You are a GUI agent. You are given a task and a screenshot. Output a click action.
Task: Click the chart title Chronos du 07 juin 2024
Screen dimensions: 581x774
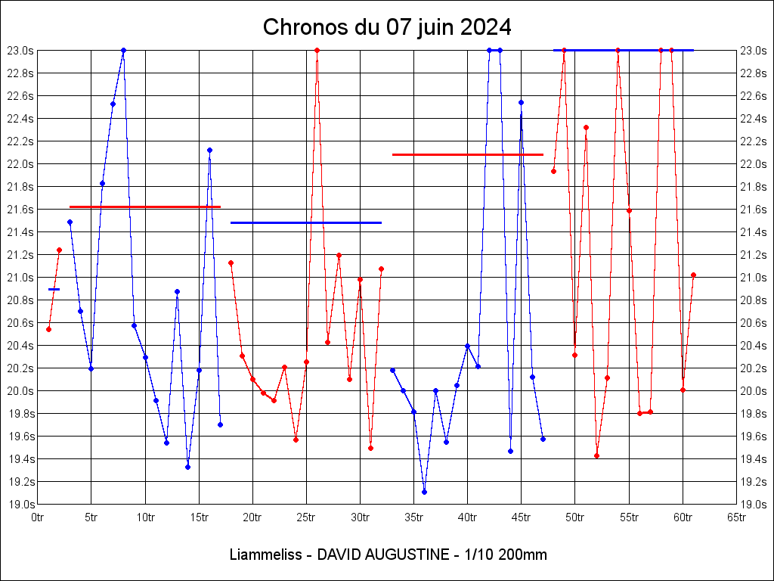click(x=387, y=28)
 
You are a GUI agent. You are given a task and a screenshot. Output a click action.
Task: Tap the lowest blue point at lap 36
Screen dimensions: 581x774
click(x=424, y=492)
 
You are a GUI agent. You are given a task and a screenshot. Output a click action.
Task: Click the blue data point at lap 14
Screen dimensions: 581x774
click(x=187, y=467)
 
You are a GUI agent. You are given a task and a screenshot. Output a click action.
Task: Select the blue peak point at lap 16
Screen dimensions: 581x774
click(x=209, y=150)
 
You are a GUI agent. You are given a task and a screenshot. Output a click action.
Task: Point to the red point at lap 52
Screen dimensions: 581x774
click(x=596, y=455)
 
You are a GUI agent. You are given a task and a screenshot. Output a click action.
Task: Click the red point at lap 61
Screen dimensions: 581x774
click(x=693, y=275)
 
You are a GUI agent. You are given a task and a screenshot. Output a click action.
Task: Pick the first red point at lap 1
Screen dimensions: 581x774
click(x=48, y=329)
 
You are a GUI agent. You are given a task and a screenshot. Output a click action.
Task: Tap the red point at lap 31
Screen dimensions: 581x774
click(x=370, y=448)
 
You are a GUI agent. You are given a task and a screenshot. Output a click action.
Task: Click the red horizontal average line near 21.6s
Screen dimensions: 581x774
click(x=144, y=207)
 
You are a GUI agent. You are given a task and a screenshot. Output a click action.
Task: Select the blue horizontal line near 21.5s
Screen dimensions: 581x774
click(x=305, y=222)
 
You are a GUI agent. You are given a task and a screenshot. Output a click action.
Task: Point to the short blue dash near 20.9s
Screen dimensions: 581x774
click(x=54, y=289)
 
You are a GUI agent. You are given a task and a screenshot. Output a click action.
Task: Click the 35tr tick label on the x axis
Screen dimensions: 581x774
click(x=413, y=517)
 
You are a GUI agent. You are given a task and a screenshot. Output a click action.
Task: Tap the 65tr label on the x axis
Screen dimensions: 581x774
click(x=736, y=517)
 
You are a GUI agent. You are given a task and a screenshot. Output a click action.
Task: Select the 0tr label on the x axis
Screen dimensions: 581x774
click(x=38, y=517)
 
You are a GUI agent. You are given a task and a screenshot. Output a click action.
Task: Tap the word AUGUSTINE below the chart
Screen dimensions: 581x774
click(x=404, y=555)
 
